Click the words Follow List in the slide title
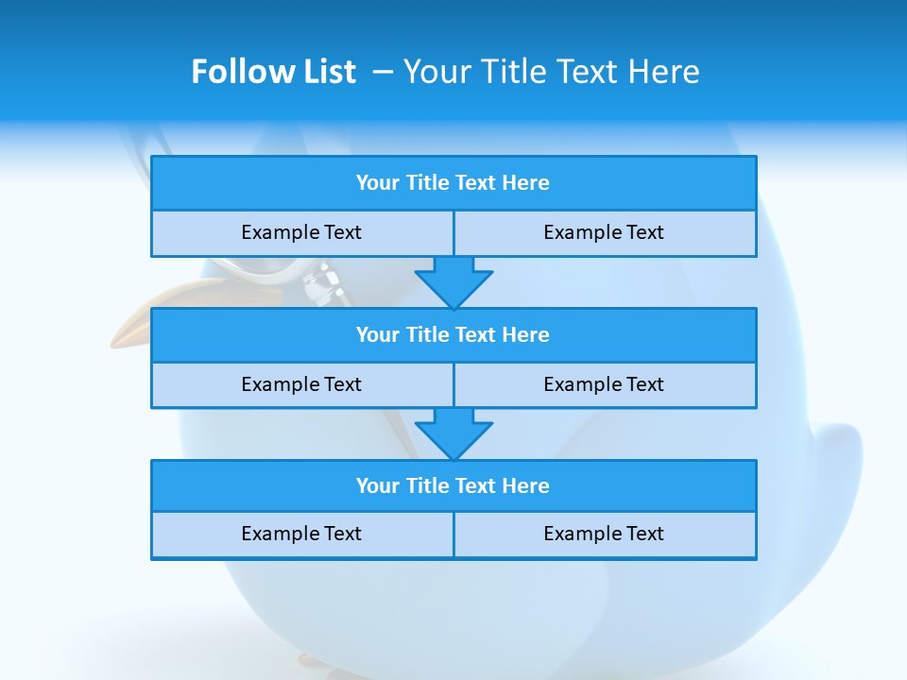(x=273, y=72)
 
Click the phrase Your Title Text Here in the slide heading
(x=551, y=72)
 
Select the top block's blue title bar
(x=453, y=183)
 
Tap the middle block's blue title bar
(x=453, y=334)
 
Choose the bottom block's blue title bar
(x=453, y=485)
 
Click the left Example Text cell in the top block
(x=301, y=232)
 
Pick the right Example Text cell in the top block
(x=604, y=232)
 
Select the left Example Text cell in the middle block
(x=301, y=384)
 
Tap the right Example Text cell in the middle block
(x=604, y=384)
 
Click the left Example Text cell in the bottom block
(x=301, y=534)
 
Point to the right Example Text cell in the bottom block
(x=604, y=534)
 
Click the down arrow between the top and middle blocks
(x=453, y=282)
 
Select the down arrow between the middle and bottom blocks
(x=453, y=433)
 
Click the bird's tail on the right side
(x=836, y=472)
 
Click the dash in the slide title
(x=382, y=72)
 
